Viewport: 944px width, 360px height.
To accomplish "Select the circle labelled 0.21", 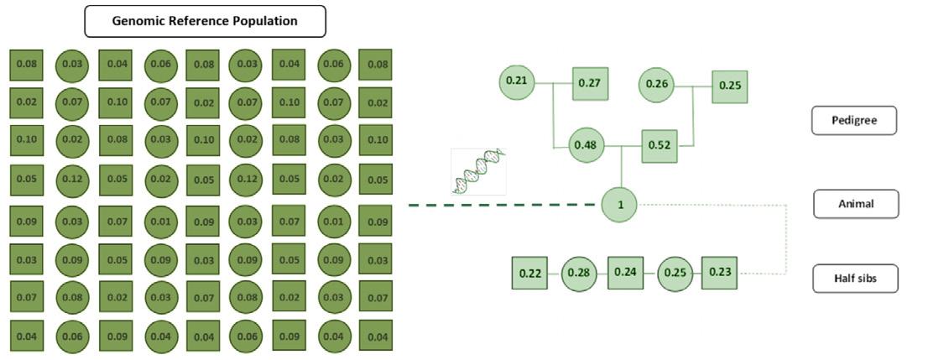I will pos(517,81).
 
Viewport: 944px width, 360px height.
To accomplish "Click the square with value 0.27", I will pos(591,83).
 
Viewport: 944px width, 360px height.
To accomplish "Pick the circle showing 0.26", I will pos(657,84).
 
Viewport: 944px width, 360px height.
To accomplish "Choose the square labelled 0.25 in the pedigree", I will pos(729,86).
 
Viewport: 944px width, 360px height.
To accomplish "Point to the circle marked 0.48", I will pos(585,144).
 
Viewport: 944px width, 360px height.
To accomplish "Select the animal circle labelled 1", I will pos(619,205).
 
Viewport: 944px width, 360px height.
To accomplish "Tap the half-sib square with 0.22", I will pos(529,273).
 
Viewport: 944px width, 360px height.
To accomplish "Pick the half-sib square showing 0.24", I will pos(625,272).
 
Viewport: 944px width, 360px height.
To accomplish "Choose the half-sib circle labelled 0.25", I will pos(674,274).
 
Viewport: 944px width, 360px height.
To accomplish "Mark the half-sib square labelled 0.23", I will pos(719,272).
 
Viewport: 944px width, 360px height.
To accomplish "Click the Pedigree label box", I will pos(854,120).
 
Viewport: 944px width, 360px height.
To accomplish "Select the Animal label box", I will pos(855,204).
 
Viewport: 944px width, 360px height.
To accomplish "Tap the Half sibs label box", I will pos(855,279).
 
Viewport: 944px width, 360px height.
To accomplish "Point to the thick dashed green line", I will pos(503,205).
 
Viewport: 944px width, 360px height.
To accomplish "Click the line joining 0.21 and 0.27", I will pos(554,82).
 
